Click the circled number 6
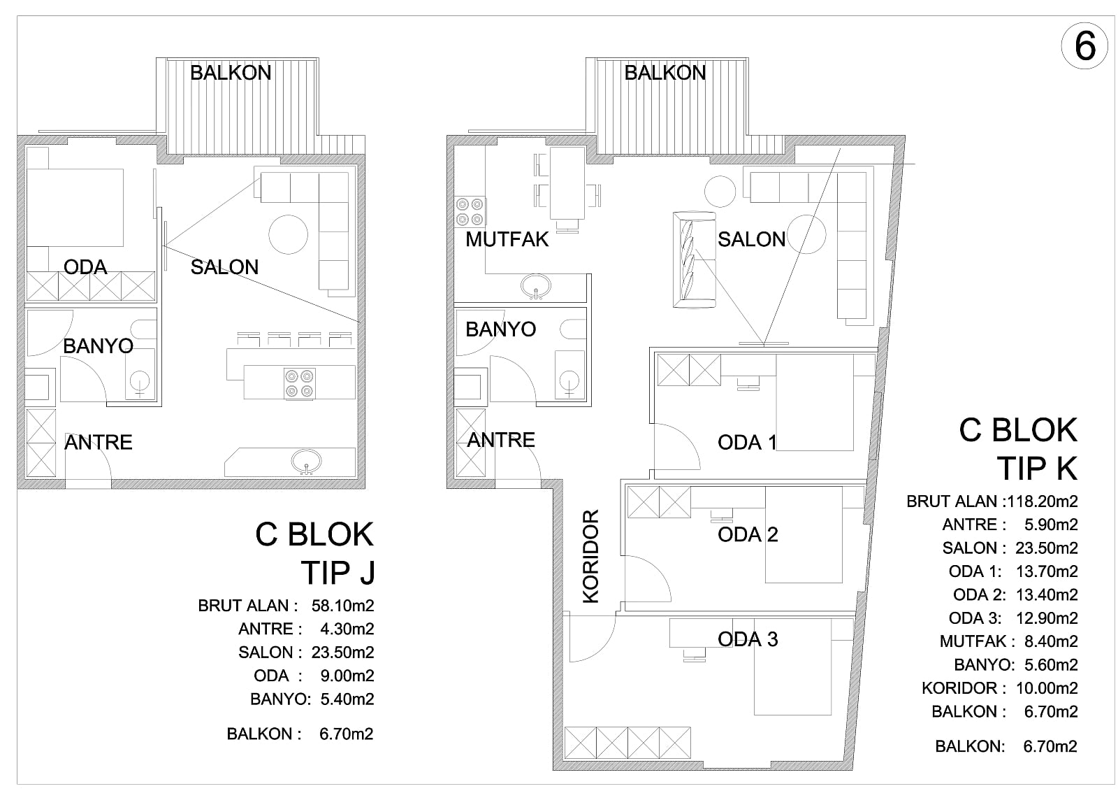click(1084, 46)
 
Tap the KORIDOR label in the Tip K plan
click(591, 556)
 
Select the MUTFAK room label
click(507, 240)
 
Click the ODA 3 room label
click(748, 639)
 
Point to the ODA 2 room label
click(748, 534)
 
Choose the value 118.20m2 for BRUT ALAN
click(1042, 501)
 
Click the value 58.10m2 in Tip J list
click(342, 606)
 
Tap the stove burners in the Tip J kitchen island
click(300, 383)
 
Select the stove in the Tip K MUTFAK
click(470, 211)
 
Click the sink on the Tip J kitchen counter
click(306, 461)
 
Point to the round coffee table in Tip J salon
click(288, 234)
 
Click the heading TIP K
click(1037, 469)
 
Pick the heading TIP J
click(337, 573)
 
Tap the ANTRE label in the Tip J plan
click(99, 443)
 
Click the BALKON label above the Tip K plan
click(665, 73)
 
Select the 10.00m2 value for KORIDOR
click(1047, 688)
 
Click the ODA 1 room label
click(747, 442)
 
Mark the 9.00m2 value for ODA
click(347, 676)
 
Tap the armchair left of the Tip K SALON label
click(695, 260)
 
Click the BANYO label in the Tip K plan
click(500, 329)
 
